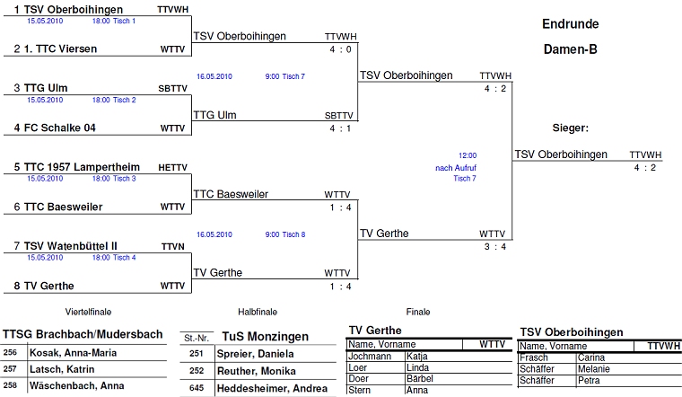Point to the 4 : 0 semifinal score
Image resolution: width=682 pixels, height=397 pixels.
tap(340, 49)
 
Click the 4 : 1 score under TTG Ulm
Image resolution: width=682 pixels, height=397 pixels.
tap(340, 128)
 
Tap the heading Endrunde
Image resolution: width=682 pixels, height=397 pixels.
tap(571, 24)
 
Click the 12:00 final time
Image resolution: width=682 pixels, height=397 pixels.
tap(468, 155)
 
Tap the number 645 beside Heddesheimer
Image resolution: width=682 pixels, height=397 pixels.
tap(197, 388)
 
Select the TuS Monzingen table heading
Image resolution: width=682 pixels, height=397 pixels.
tap(265, 337)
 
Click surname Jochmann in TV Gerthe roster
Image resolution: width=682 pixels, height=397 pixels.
tap(370, 356)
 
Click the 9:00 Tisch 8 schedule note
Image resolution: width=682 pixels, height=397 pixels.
tap(285, 234)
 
